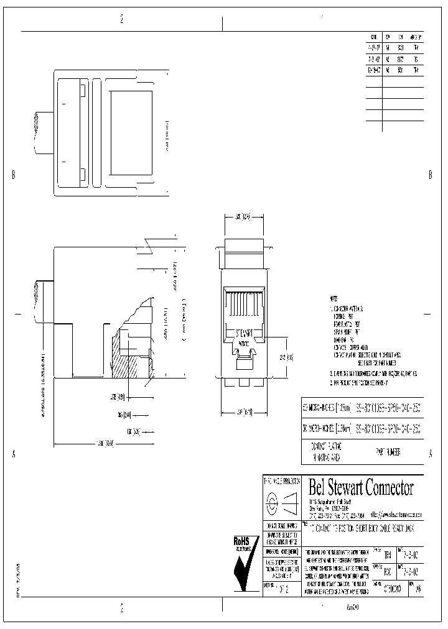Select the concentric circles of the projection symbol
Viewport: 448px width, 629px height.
tap(272, 502)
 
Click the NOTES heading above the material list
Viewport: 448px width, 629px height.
tap(334, 299)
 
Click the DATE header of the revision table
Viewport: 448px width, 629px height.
tap(373, 37)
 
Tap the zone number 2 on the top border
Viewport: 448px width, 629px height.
tap(122, 19)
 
